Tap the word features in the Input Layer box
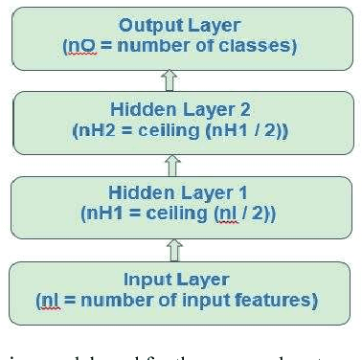click(280, 301)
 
